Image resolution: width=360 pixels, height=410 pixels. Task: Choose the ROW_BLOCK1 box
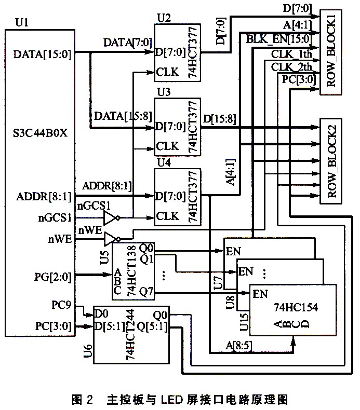pyautogui.click(x=333, y=52)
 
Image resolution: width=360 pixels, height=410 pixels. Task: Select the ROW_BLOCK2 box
pyautogui.click(x=333, y=160)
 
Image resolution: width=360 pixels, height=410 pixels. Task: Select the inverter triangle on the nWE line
pyautogui.click(x=111, y=239)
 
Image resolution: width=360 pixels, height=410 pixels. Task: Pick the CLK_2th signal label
pyautogui.click(x=291, y=67)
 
